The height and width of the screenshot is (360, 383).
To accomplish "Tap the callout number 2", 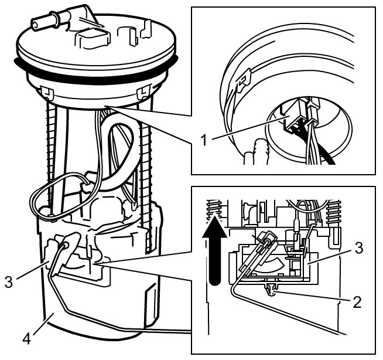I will point(357,303).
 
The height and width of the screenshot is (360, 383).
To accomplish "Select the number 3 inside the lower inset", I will point(358,247).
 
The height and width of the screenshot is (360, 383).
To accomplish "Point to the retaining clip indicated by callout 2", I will point(270,288).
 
